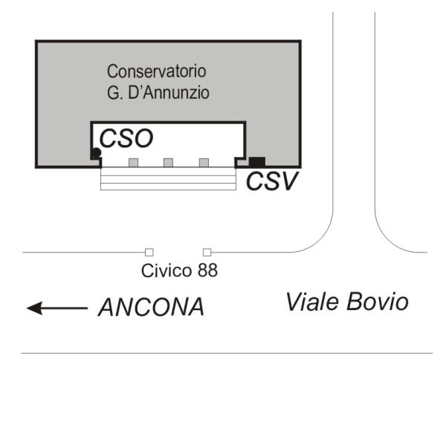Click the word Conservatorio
pyautogui.click(x=156, y=72)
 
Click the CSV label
pyautogui.click(x=271, y=181)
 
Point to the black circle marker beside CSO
pyautogui.click(x=96, y=153)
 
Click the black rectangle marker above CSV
pyautogui.click(x=257, y=161)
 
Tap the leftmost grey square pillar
pyautogui.click(x=133, y=162)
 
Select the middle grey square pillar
pyautogui.click(x=168, y=162)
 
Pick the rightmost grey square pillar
pyautogui.click(x=204, y=162)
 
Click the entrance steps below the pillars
pyautogui.click(x=168, y=178)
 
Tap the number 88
pyautogui.click(x=207, y=271)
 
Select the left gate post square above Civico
pyautogui.click(x=149, y=252)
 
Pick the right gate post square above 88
pyautogui.click(x=207, y=252)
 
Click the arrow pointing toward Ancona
pyautogui.click(x=56, y=307)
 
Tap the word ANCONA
pyautogui.click(x=151, y=307)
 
